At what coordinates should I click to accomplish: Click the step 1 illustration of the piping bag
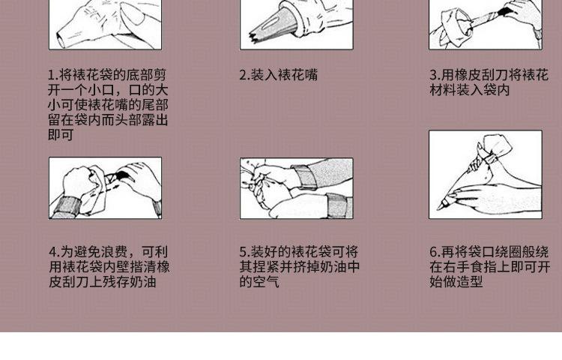104,24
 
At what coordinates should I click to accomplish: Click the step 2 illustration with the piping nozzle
296,24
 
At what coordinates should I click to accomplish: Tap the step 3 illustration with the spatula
485,24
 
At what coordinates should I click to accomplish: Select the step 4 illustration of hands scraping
105,187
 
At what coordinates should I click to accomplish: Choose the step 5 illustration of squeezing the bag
296,187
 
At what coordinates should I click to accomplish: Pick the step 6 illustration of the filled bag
485,174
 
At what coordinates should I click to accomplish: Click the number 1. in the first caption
53,75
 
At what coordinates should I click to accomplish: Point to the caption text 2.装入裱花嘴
278,75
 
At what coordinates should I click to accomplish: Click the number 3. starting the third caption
434,75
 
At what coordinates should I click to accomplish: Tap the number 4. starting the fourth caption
54,252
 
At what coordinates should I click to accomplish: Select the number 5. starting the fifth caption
244,252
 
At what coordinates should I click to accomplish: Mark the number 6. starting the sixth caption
434,252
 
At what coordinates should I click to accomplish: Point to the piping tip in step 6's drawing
444,203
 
